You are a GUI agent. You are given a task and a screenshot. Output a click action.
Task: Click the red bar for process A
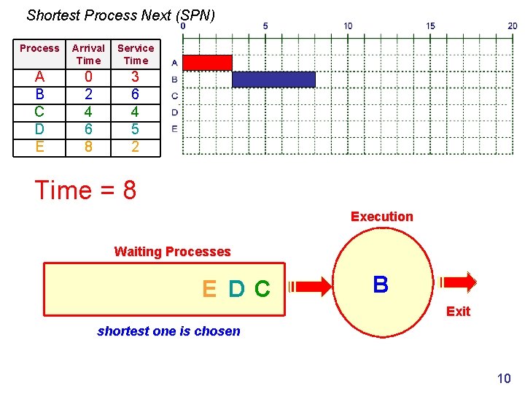click(x=207, y=63)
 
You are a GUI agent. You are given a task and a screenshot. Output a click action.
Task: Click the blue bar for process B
click(x=273, y=79)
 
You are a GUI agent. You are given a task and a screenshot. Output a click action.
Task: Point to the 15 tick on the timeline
click(x=430, y=26)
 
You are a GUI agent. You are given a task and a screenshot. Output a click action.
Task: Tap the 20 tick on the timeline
click(x=513, y=26)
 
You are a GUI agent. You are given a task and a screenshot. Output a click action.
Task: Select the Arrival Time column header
click(x=88, y=54)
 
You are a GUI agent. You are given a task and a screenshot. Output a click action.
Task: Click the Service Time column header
click(x=136, y=54)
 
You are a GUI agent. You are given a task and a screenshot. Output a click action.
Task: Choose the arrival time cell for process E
click(x=88, y=147)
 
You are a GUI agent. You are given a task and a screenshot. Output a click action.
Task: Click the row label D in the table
click(x=39, y=129)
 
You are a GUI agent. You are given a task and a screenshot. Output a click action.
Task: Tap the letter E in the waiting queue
click(x=209, y=290)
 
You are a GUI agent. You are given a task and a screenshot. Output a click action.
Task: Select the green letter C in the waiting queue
click(x=262, y=290)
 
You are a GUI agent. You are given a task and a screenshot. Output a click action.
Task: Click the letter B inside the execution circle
click(x=380, y=285)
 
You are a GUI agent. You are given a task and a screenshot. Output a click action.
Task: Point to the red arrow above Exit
click(x=458, y=282)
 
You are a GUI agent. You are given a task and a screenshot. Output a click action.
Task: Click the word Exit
click(x=458, y=312)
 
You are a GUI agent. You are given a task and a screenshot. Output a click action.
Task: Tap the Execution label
click(x=381, y=217)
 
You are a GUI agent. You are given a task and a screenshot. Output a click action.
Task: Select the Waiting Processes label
click(x=172, y=252)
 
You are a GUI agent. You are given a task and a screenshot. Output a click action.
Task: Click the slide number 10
click(x=504, y=378)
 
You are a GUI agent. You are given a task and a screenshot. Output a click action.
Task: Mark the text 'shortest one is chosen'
click(x=168, y=331)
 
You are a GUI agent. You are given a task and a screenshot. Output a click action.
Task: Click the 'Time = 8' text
click(x=85, y=190)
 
